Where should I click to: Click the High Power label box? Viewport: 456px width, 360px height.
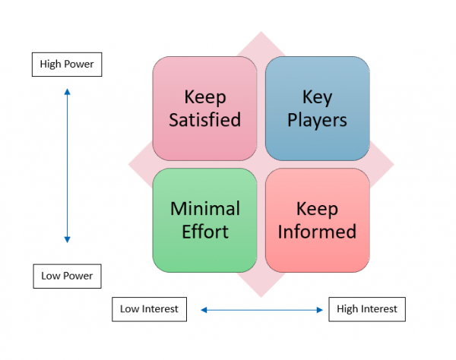coord(67,65)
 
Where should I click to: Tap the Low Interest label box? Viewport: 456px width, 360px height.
coord(149,309)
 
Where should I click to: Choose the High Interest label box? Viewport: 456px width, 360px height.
coord(367,309)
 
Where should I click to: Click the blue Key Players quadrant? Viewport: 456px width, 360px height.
coord(317,109)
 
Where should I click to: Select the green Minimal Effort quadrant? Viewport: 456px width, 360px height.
coord(205,220)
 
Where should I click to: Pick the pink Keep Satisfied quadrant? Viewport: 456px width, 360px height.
coord(205,109)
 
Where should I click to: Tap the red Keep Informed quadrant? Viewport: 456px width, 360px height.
coord(317,220)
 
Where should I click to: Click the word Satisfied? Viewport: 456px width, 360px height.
coord(205,120)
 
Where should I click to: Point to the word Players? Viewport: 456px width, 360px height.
coord(317,120)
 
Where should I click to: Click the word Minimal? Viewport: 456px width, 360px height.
coord(205,209)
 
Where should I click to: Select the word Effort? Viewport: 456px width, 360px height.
coord(205,232)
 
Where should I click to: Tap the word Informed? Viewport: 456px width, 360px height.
coord(317,232)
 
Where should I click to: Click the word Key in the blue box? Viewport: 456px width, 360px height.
coord(317,97)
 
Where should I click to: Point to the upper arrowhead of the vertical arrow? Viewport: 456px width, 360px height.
coord(67,92)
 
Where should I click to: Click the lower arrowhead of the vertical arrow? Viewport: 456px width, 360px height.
coord(67,239)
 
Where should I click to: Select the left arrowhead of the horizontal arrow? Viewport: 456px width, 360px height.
coord(204,309)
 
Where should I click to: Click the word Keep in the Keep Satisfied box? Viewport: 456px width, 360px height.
coord(205,97)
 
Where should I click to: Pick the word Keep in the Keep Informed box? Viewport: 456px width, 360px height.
coord(317,209)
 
